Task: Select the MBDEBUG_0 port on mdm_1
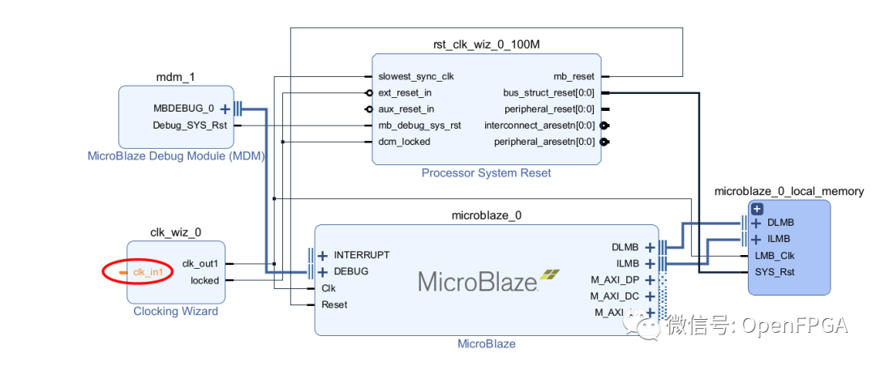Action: coord(183,108)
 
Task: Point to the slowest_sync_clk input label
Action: coord(416,77)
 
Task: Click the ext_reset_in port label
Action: coord(405,93)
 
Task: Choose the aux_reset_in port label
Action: coord(406,109)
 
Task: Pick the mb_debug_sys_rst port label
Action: coord(419,126)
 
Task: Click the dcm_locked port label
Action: coord(404,142)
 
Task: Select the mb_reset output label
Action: coord(573,77)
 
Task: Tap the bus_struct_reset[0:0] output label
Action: coord(549,93)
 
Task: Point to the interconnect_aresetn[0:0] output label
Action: coord(539,126)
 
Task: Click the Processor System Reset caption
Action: coord(486,172)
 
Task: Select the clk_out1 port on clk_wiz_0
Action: coord(200,263)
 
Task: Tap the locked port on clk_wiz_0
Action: coord(204,280)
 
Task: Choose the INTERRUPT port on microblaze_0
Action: coord(361,254)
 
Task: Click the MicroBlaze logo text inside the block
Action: coord(478,281)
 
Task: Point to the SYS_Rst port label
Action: coord(773,271)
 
